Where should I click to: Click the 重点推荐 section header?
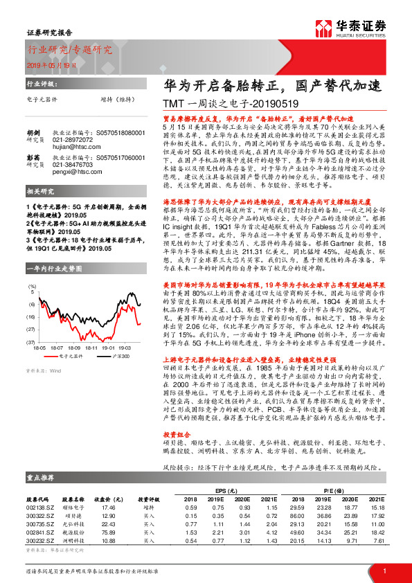click(42, 478)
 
